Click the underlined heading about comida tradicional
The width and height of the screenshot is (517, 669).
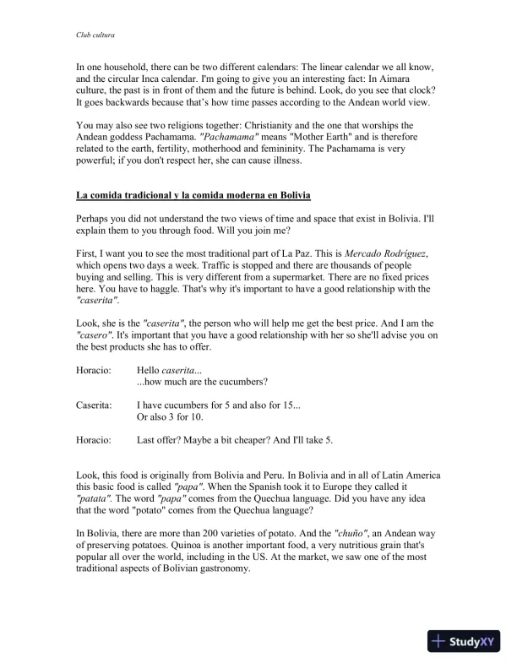click(x=193, y=196)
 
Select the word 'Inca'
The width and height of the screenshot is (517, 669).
click(x=171, y=78)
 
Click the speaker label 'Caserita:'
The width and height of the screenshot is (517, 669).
click(x=94, y=405)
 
